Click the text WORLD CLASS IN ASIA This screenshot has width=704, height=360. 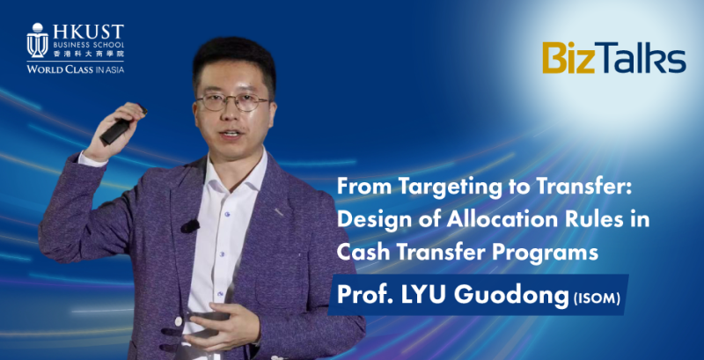(75, 70)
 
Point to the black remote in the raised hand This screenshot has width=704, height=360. (122, 123)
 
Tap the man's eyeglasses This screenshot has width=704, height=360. (231, 102)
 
